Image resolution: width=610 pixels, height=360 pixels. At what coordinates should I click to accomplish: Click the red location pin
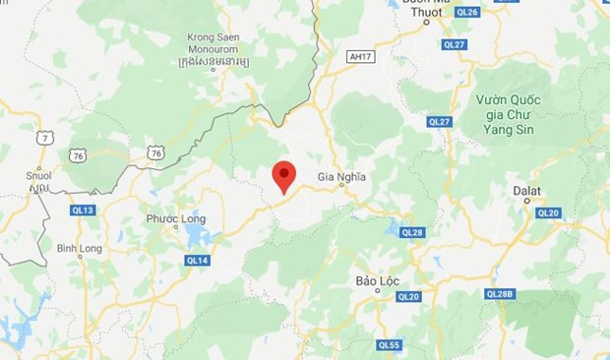pyautogui.click(x=284, y=174)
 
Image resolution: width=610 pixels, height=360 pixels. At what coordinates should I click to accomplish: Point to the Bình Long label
pyautogui.click(x=79, y=248)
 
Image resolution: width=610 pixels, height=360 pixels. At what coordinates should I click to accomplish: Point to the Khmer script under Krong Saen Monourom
pyautogui.click(x=214, y=62)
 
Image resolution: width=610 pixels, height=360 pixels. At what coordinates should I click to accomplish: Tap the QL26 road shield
pyautogui.click(x=468, y=12)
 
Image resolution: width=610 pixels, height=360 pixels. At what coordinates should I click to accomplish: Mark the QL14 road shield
pyautogui.click(x=197, y=260)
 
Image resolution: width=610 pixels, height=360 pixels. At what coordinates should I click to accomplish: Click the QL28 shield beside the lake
pyautogui.click(x=411, y=232)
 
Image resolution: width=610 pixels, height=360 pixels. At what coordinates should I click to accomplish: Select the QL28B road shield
pyautogui.click(x=501, y=293)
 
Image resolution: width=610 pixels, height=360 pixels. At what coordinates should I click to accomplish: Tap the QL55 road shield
pyautogui.click(x=389, y=344)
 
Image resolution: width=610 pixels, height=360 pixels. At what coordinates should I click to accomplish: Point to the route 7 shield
pyautogui.click(x=45, y=140)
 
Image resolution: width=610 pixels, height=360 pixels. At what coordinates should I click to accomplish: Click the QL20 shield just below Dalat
pyautogui.click(x=547, y=212)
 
